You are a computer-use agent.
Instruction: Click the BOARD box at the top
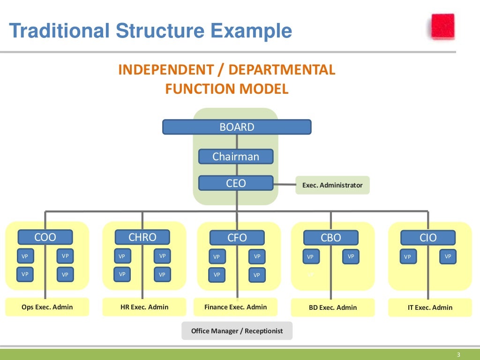pyautogui.click(x=237, y=127)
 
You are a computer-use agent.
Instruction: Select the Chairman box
pyautogui.click(x=236, y=157)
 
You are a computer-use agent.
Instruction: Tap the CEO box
pyautogui.click(x=236, y=183)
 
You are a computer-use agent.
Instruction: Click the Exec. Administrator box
pyautogui.click(x=332, y=185)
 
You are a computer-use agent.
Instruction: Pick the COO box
pyautogui.click(x=45, y=237)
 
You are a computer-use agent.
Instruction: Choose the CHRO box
pyautogui.click(x=142, y=237)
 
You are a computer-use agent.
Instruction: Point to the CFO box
pyautogui.click(x=237, y=238)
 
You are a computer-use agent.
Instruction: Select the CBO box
pyautogui.click(x=331, y=238)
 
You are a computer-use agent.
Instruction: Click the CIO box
pyautogui.click(x=427, y=238)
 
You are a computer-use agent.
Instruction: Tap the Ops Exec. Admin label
pyautogui.click(x=47, y=307)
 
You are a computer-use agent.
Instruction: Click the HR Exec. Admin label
pyautogui.click(x=144, y=307)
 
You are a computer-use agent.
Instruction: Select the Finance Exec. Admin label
pyautogui.click(x=236, y=307)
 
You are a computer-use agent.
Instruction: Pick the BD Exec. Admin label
pyautogui.click(x=333, y=307)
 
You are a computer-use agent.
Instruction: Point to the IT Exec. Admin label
pyautogui.click(x=430, y=307)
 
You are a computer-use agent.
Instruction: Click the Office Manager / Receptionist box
pyautogui.click(x=237, y=330)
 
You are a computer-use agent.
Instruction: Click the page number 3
pyautogui.click(x=459, y=354)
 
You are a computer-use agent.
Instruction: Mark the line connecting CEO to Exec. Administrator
pyautogui.click(x=284, y=184)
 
